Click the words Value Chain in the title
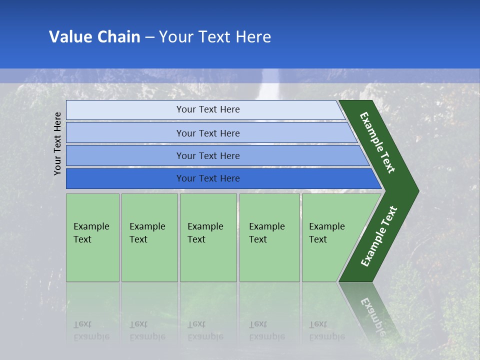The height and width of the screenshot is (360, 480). click(x=94, y=37)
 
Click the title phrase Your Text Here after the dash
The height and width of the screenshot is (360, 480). click(x=215, y=37)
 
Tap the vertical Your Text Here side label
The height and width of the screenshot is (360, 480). click(x=57, y=143)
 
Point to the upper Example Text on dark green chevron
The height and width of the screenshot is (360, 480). click(x=377, y=143)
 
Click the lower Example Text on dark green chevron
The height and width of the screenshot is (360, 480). click(x=378, y=236)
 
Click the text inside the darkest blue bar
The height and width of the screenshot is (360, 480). click(x=208, y=178)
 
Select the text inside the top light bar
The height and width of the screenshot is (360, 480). click(x=208, y=109)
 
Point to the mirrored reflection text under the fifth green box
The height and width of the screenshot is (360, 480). click(x=326, y=331)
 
